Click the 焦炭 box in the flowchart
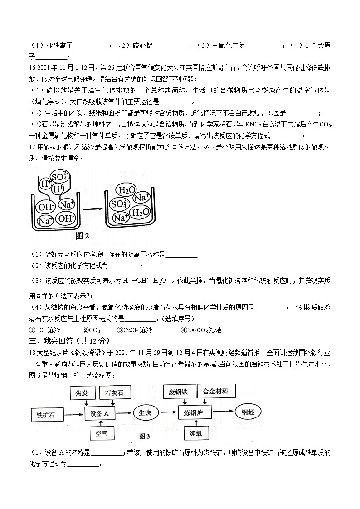(x=82, y=393)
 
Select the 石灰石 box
(x=114, y=393)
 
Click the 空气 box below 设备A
(x=102, y=434)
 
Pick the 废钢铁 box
(x=178, y=392)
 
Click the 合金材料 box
(x=215, y=391)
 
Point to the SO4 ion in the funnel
(x=59, y=177)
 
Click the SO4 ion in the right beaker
(x=119, y=204)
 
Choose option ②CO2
(x=91, y=330)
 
